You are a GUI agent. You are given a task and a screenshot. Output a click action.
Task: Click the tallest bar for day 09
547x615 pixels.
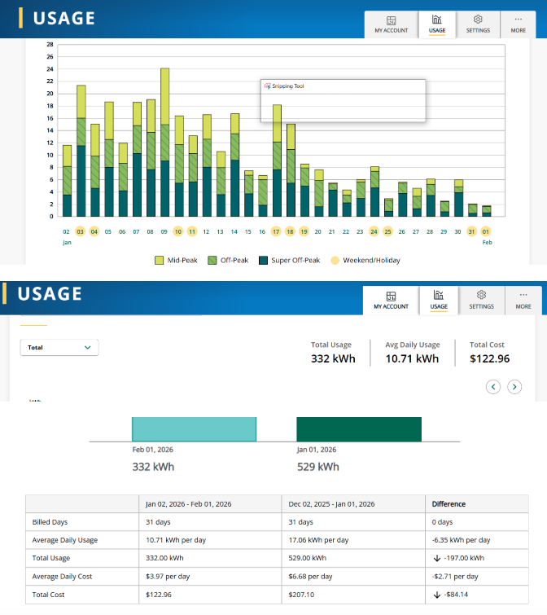point(164,143)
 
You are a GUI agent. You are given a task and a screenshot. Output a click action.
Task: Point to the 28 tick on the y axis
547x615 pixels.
point(50,45)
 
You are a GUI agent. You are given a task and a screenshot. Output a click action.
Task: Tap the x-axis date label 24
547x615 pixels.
point(374,231)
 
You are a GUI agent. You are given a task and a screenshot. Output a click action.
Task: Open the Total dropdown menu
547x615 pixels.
point(59,347)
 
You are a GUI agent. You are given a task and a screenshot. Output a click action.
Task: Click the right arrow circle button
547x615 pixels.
point(514,387)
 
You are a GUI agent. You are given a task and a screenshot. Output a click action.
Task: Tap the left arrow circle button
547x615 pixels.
point(493,387)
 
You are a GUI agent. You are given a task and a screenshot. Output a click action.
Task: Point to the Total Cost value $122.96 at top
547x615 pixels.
point(489,358)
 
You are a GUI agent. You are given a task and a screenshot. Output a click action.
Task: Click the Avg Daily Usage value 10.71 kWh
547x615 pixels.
point(411,358)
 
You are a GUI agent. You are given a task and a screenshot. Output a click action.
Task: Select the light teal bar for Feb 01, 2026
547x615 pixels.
point(194,429)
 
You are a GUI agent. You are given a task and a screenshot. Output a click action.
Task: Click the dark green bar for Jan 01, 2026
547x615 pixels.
point(358,429)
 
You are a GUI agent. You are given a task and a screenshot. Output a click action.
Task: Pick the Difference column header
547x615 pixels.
point(448,504)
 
